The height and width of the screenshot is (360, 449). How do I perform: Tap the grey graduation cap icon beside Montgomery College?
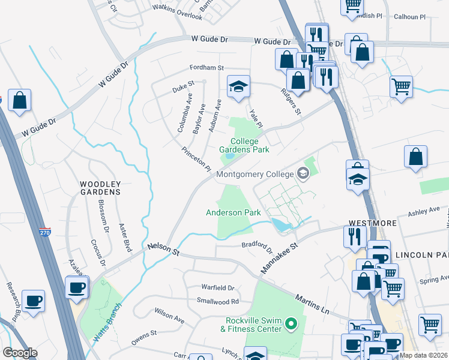pos(303,174)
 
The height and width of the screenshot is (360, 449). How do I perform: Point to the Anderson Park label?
pos(233,212)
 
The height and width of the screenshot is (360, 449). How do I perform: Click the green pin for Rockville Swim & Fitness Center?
pos(291,325)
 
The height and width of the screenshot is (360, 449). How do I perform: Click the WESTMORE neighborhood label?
pos(372,223)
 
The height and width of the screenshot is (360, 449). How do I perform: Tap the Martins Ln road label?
pos(312,304)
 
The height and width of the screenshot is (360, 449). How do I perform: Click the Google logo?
pos(19,353)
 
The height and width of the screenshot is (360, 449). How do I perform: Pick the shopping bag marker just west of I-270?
pos(19,101)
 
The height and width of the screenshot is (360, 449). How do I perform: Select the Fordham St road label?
pos(206,68)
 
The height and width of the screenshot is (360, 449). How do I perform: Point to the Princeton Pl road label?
pos(196,158)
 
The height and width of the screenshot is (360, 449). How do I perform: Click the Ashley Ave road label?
pos(424,212)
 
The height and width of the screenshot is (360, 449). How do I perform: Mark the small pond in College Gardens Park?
pos(229,158)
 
